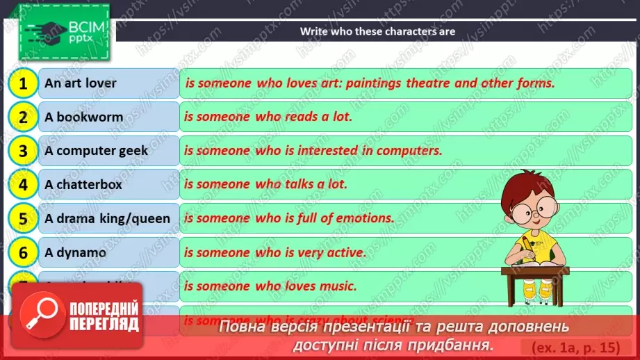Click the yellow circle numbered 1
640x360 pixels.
(x=23, y=84)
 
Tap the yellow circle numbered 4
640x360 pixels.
(x=23, y=185)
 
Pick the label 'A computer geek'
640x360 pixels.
(x=96, y=151)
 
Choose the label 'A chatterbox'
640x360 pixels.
(x=83, y=185)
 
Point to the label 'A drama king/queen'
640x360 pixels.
(x=107, y=219)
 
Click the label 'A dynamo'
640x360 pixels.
(x=75, y=253)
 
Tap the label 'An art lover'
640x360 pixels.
(x=81, y=83)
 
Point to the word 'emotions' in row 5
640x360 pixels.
(x=364, y=218)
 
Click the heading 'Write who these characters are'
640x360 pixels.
(x=377, y=31)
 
